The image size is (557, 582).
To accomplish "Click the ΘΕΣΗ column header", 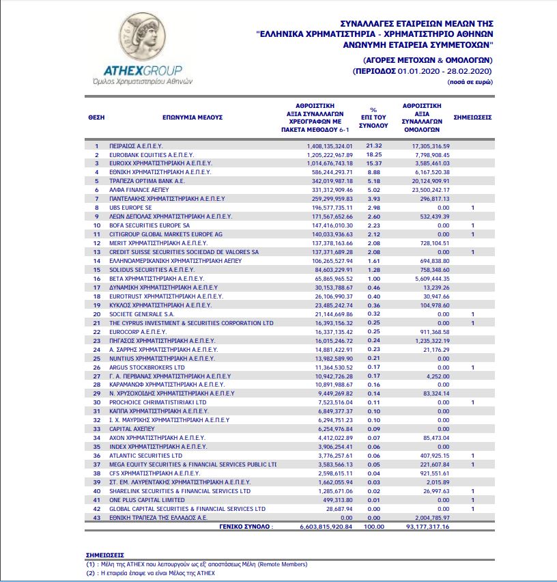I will coord(96,117).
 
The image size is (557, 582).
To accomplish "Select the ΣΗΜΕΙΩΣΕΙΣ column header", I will coord(472,117).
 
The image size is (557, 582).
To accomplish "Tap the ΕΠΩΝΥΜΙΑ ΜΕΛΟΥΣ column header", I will coord(193,117).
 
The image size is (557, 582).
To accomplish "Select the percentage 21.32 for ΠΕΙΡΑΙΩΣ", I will coord(373,146).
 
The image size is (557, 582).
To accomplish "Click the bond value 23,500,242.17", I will coord(429,190).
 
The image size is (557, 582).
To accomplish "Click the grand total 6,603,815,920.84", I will coord(329,527).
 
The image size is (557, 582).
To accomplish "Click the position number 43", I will coord(96,518).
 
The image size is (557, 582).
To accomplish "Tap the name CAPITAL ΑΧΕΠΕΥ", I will coord(128,429).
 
